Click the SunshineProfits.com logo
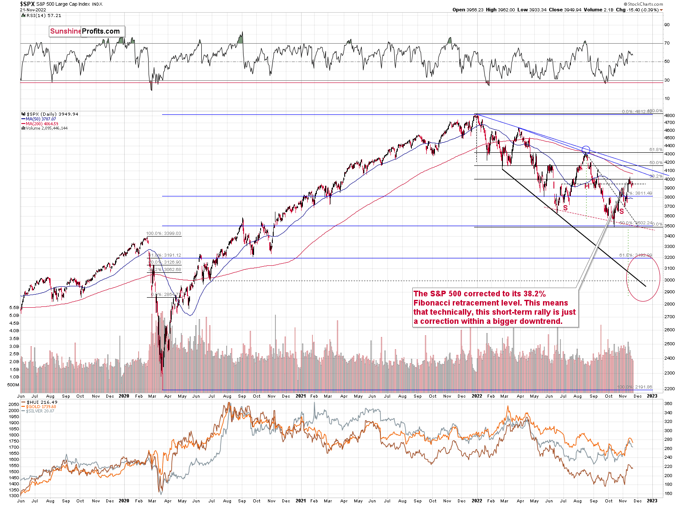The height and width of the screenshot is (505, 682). pyautogui.click(x=87, y=31)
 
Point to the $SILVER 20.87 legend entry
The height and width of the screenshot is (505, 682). pyautogui.click(x=40, y=411)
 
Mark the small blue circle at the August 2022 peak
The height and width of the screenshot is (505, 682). pyautogui.click(x=586, y=150)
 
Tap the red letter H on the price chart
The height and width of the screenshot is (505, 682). pyautogui.click(x=587, y=186)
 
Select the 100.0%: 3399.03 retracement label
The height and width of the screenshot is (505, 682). pyautogui.click(x=163, y=234)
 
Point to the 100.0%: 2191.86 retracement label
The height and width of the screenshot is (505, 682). pyautogui.click(x=635, y=387)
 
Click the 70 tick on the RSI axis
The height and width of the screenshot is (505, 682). pyautogui.click(x=667, y=43)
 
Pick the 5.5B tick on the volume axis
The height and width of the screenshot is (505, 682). pyautogui.click(x=14, y=308)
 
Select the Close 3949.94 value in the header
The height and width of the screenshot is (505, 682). pyautogui.click(x=566, y=10)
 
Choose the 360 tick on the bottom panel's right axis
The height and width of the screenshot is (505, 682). pyautogui.click(x=668, y=404)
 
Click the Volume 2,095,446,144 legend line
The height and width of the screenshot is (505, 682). pyautogui.click(x=47, y=128)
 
